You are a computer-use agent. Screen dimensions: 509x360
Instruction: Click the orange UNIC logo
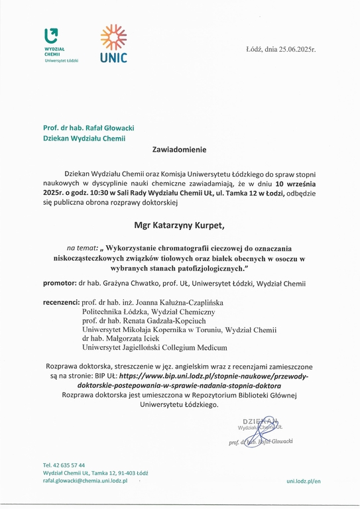(x=113, y=44)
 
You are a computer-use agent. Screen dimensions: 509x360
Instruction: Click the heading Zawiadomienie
(x=180, y=150)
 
